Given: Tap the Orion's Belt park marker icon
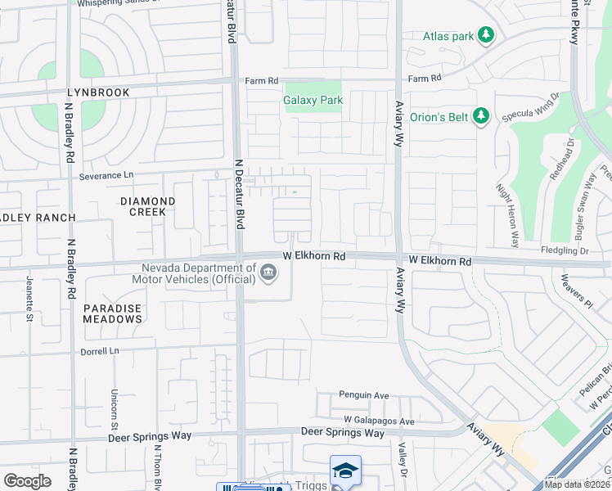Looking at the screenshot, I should tap(482, 116).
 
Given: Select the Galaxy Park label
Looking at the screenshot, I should tap(313, 101).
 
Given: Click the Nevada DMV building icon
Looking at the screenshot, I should tap(268, 273).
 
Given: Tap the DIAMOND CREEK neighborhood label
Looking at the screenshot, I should tap(147, 206).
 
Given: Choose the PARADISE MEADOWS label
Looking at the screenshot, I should tap(112, 313).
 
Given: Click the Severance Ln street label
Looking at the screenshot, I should tap(106, 176).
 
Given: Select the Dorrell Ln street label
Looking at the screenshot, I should tap(99, 350).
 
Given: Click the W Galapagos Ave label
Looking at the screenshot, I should tap(380, 421).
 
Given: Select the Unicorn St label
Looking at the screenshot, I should tap(114, 408).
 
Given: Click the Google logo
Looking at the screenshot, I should tap(27, 481).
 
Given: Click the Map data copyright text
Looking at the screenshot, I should tap(578, 484).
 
